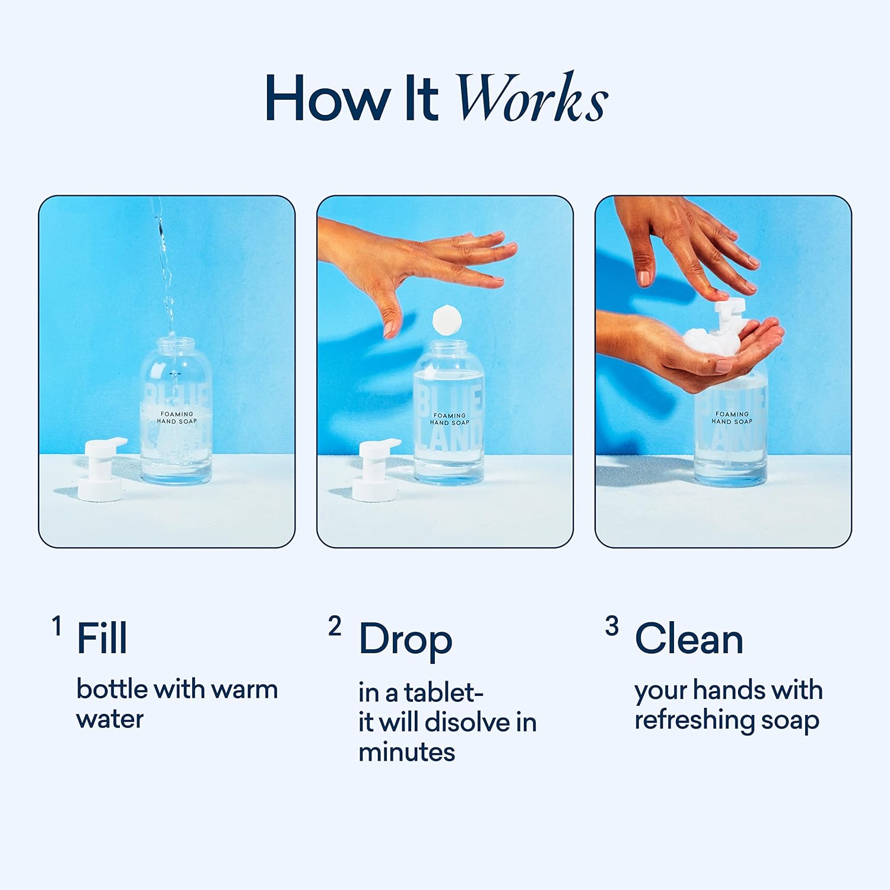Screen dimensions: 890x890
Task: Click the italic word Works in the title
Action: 532,97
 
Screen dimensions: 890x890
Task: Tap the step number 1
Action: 57,626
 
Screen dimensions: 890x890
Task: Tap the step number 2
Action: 335,626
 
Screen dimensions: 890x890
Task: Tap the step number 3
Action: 612,626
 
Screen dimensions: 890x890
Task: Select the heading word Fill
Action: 102,638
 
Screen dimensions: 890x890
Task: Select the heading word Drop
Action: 406,641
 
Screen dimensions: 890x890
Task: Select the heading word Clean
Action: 689,639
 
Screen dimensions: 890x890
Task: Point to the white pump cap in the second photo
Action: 376,469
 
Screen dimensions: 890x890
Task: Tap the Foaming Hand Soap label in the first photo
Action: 177,418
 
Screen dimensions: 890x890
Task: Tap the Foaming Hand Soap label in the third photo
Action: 732,418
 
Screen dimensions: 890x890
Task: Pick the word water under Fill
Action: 110,719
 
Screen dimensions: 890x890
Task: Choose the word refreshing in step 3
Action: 695,721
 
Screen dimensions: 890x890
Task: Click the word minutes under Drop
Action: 406,752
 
